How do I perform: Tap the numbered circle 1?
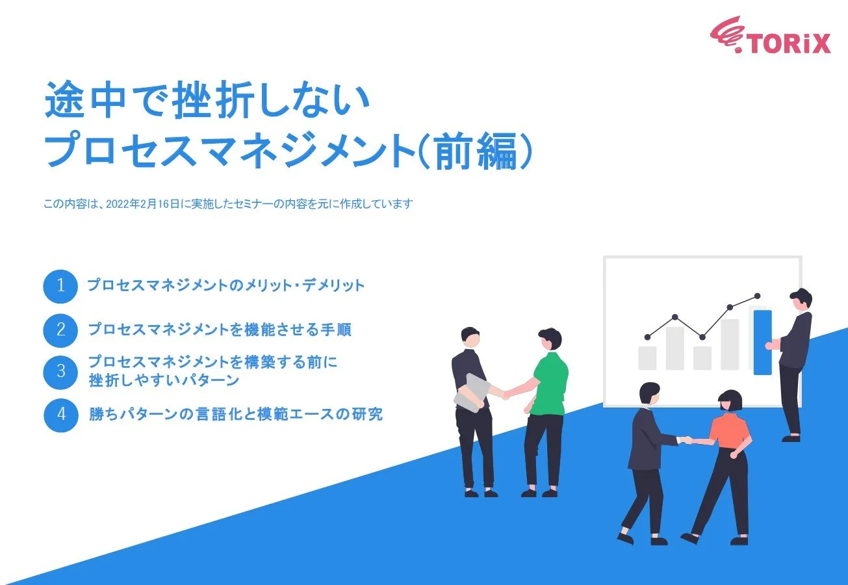tap(60, 286)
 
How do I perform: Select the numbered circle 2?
tap(60, 330)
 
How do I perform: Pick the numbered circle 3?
tap(60, 372)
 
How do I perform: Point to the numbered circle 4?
tap(60, 414)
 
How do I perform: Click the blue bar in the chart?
tap(762, 342)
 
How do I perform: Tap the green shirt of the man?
tap(550, 383)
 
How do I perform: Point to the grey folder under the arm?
tap(472, 392)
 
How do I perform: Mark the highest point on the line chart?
tap(758, 295)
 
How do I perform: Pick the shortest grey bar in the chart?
tap(702, 358)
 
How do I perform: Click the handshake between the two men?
tap(504, 394)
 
